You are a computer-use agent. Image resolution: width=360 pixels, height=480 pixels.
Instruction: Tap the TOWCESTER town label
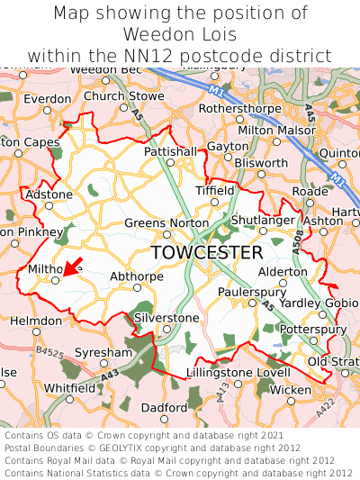click(207, 252)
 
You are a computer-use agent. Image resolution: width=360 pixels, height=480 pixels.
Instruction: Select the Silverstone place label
click(166, 318)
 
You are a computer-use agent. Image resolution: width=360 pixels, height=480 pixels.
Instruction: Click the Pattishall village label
click(169, 152)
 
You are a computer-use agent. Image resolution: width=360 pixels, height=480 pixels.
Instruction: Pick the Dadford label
click(164, 407)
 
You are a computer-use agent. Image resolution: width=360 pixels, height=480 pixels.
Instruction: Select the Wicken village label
click(291, 389)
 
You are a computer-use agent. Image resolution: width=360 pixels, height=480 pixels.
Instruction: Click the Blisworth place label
click(261, 163)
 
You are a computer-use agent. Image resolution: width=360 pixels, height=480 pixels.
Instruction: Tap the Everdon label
click(40, 98)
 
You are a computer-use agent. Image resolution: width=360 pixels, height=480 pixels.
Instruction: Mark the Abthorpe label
click(136, 276)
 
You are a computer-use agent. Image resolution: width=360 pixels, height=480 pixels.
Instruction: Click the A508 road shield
click(297, 236)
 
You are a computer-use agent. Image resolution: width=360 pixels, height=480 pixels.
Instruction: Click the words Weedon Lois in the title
click(180, 35)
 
